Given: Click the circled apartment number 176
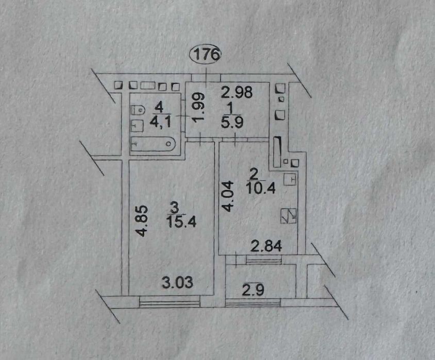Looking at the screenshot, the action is pos(206,54).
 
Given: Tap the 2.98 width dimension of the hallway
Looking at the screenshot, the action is pos(237,92).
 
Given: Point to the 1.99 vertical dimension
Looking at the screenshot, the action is pos(199,107).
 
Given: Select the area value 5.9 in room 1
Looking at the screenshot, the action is pos(232,122).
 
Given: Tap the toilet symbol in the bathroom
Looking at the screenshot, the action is pos(138,110).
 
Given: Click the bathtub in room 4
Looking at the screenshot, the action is pos(153,144).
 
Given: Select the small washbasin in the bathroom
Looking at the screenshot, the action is pos(137,126).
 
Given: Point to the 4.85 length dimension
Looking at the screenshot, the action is pos(143,220).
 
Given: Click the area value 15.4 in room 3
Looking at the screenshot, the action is pos(181,221).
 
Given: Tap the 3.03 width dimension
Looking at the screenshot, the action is pos(177,282).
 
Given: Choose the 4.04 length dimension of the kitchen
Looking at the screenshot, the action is pos(227,196).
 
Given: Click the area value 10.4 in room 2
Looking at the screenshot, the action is pos(260,188).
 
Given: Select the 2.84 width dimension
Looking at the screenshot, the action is pos(266,246).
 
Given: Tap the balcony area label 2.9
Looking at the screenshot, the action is pos(253,290).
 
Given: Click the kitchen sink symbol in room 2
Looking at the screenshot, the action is pos(290,179).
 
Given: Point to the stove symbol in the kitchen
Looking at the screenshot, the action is pos(289,216).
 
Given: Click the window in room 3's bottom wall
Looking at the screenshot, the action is pos(169,302).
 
